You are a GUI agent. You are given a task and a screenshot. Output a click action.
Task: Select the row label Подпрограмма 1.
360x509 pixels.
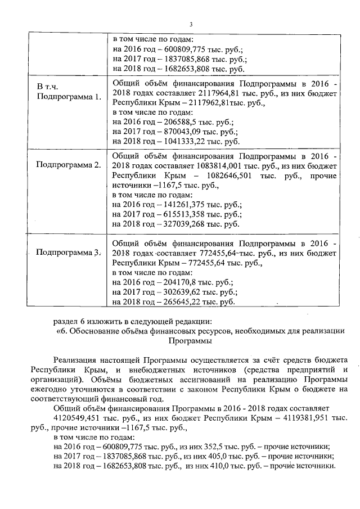click(69, 97)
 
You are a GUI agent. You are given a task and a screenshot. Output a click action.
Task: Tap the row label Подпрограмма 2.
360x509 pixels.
click(69, 165)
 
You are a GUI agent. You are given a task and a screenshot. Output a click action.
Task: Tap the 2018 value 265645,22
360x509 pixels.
click(187, 302)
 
